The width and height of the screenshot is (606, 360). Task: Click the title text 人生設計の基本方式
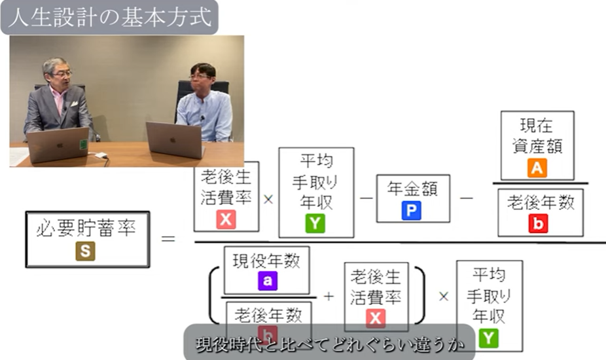[x=109, y=18]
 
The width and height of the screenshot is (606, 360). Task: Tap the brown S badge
[x=85, y=251]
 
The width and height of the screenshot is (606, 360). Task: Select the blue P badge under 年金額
[x=412, y=210]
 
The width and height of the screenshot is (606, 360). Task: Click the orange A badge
[x=537, y=168]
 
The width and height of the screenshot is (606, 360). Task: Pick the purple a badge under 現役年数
[x=266, y=281]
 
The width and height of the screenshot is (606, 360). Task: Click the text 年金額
[x=412, y=189]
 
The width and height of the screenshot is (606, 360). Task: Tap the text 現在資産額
[x=537, y=136]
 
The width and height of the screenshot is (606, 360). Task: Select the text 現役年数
[x=266, y=261]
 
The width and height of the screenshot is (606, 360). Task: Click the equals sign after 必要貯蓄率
[x=168, y=240]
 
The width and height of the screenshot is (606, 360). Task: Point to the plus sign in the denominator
[x=329, y=296]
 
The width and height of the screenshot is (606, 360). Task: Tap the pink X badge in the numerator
[x=226, y=219]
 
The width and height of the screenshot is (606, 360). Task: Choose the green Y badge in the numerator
[x=315, y=223]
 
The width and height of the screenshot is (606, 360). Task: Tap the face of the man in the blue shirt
[x=201, y=80]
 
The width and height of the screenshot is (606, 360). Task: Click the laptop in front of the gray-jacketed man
[x=58, y=144]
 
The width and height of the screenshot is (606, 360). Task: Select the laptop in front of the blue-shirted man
[x=174, y=139]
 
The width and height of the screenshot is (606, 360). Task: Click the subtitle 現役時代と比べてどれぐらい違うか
[x=329, y=344]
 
